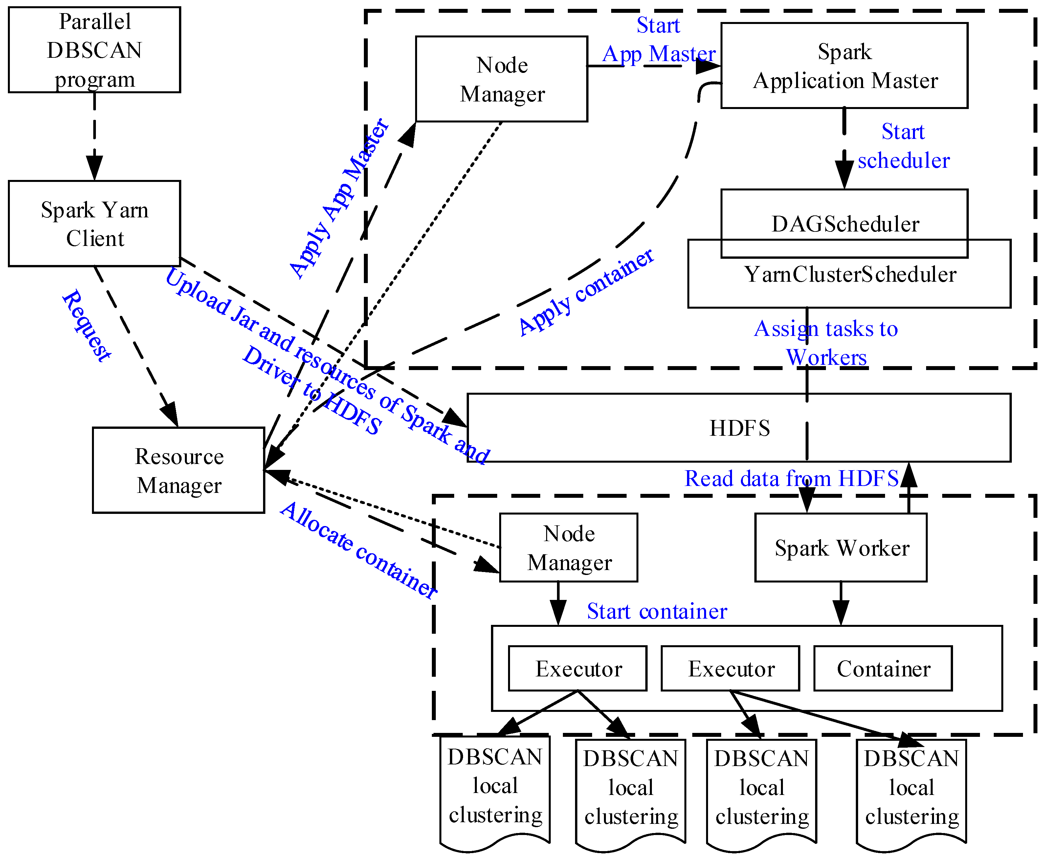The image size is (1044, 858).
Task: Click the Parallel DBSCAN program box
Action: [x=94, y=50]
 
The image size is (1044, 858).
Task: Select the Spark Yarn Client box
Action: [x=94, y=223]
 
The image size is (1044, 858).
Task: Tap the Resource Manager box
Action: [x=178, y=470]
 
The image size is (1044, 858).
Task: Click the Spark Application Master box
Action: [x=844, y=66]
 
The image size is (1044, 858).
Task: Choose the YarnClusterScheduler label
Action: [x=850, y=274]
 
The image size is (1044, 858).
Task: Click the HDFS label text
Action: [x=740, y=428]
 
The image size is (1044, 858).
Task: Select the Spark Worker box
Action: [x=841, y=548]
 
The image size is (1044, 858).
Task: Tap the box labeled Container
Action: [x=883, y=668]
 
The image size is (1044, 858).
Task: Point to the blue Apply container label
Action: [x=586, y=292]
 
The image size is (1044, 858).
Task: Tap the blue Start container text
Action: [x=657, y=611]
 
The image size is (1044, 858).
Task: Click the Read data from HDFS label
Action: [x=791, y=478]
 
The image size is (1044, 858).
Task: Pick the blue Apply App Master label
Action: [x=339, y=198]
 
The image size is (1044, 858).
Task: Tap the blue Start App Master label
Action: [x=658, y=39]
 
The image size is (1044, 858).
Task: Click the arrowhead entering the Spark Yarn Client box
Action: [x=94, y=168]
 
